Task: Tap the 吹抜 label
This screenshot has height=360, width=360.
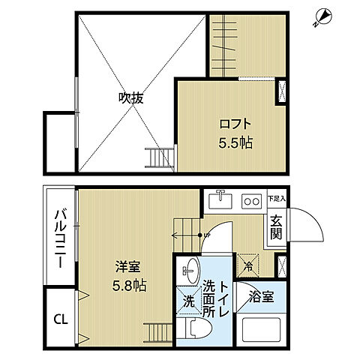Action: click(130, 97)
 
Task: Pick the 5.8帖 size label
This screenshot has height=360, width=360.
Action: click(129, 286)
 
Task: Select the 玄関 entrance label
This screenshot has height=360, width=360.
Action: click(276, 226)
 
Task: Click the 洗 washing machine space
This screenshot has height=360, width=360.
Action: click(189, 302)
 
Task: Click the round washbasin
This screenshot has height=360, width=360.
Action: click(190, 270)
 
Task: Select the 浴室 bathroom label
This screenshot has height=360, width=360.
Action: click(260, 296)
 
